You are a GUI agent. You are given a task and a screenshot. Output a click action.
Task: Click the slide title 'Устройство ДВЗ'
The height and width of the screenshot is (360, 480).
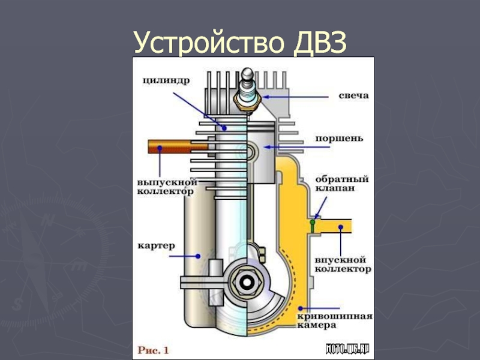coord(240,44)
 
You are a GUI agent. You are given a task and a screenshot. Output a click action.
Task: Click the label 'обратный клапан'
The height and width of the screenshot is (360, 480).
coord(335,183)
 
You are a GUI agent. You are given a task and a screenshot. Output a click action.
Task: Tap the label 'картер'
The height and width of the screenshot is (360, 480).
coord(155,246)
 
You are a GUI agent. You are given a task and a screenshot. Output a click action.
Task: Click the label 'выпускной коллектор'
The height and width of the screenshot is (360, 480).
coord(165,186)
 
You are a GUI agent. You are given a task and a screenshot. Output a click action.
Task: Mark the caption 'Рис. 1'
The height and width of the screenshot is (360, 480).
coord(155,348)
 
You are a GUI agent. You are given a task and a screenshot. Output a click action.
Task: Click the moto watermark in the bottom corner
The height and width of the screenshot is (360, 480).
coord(347,349)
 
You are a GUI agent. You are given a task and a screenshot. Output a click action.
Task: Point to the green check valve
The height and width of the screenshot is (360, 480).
coord(313,224)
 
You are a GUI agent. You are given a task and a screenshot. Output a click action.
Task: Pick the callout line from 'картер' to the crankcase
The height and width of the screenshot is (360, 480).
coord(184,255)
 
